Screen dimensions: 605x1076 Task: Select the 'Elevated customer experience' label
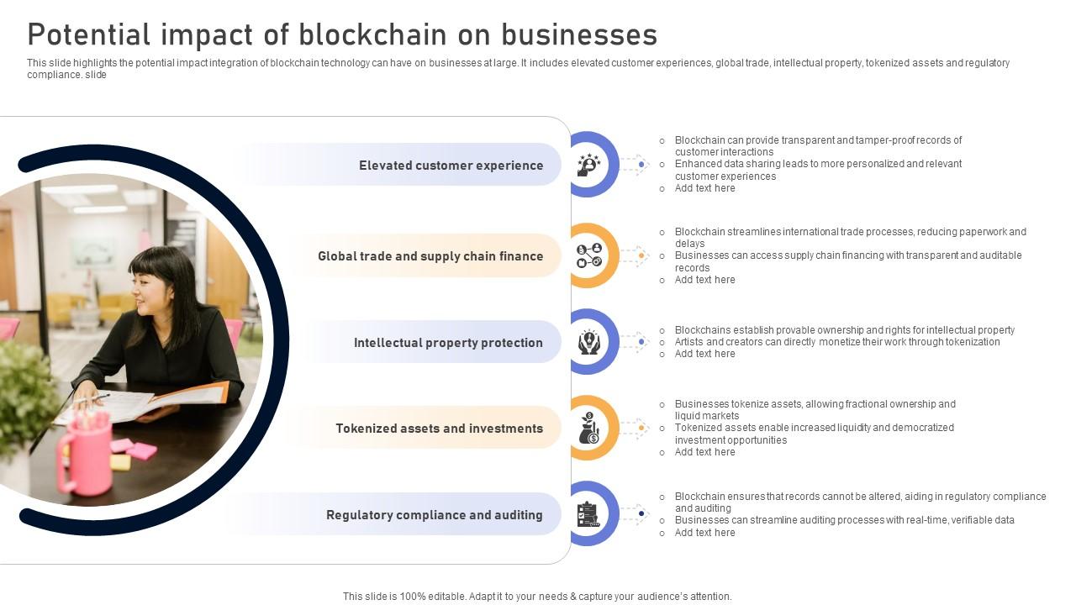pos(451,166)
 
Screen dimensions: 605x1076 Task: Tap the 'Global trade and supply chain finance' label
pos(430,256)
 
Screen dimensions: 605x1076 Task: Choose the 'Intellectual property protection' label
pos(448,343)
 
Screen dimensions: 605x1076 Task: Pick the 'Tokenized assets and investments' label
pos(439,429)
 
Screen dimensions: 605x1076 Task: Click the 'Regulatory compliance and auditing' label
pos(434,515)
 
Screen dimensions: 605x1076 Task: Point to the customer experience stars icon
pos(588,165)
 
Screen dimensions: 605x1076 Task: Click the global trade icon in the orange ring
pos(588,255)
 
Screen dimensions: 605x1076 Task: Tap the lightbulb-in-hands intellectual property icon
pos(588,342)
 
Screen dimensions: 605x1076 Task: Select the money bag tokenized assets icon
pos(588,429)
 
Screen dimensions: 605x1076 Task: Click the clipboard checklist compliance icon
pos(588,514)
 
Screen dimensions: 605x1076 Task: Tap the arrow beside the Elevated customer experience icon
pos(636,165)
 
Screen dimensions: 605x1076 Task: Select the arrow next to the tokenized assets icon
pos(636,429)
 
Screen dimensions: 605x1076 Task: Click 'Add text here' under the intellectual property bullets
pos(704,354)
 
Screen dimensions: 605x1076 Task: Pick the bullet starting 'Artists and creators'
pos(836,342)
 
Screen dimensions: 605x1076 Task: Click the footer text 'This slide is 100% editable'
pos(537,597)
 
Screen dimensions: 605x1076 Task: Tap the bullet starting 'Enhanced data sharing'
pos(817,170)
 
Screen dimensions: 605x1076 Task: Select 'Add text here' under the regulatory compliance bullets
pos(704,533)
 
